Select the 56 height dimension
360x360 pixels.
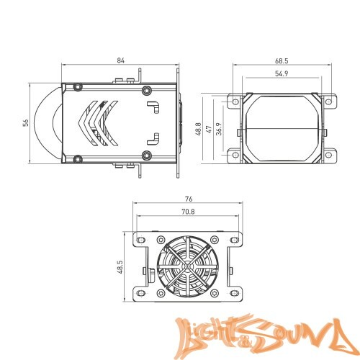(x=25, y=123)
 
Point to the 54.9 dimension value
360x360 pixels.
(x=282, y=74)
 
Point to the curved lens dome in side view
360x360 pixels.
(x=53, y=123)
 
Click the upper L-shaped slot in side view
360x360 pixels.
(x=153, y=107)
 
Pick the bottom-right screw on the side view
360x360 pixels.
(x=147, y=156)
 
